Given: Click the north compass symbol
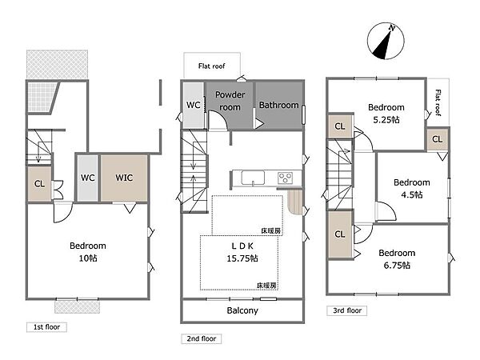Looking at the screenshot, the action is (386, 41).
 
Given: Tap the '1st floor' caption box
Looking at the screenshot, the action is (46, 327).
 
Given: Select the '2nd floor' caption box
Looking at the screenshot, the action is (201, 338).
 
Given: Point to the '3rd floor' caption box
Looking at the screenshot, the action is (347, 310).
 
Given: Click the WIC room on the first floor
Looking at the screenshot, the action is (124, 178).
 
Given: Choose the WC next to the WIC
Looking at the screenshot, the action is (87, 178).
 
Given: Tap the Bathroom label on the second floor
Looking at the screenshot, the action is (278, 105).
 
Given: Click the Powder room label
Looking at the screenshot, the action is (230, 101).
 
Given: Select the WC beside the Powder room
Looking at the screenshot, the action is (194, 105).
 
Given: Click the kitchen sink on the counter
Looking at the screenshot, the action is (253, 178).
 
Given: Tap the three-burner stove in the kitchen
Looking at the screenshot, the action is (286, 178).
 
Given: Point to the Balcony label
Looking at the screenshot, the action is (242, 310).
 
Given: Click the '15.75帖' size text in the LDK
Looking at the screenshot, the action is (242, 258).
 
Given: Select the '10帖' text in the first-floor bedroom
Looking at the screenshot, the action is (88, 258).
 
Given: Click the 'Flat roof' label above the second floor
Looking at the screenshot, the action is (211, 66).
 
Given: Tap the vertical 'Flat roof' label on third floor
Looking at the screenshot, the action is (438, 102).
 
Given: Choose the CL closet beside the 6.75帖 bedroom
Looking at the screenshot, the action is (340, 234).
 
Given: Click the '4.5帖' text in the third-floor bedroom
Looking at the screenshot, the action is (412, 194).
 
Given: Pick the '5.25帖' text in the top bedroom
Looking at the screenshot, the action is (386, 120).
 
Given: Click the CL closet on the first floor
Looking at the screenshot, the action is (39, 184).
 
